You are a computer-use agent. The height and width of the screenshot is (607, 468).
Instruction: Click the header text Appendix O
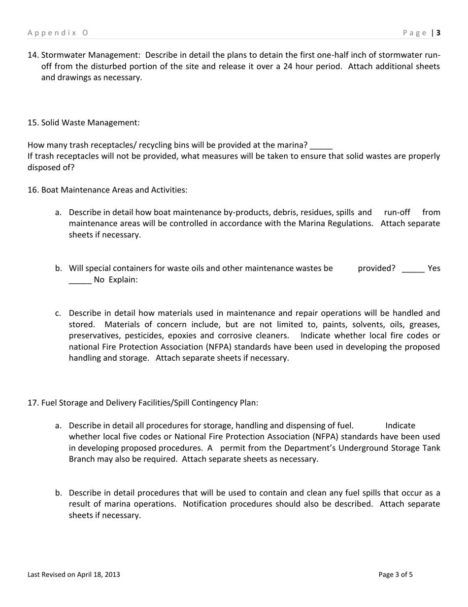pos(58,33)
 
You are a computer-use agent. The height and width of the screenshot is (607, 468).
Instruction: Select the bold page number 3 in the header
pos(438,33)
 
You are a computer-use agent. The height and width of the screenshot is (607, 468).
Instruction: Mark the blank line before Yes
pos(413,269)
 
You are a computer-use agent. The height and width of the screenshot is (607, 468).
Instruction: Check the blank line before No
pos(80,280)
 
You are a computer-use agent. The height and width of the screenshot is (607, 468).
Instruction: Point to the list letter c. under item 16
pos(58,313)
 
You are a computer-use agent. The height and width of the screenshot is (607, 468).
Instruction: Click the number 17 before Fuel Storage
pos(33,403)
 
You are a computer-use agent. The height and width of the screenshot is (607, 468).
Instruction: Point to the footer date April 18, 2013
pos(98,574)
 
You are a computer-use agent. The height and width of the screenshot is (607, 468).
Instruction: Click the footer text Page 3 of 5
pos(396,574)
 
